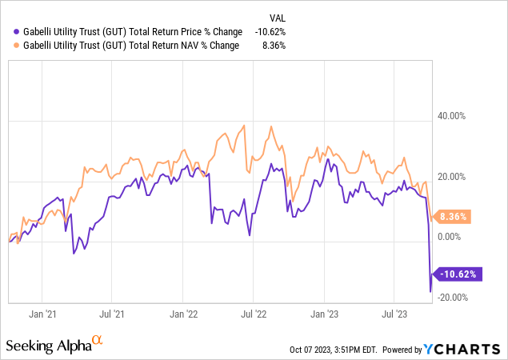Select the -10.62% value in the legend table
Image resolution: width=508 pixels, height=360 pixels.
tap(269, 31)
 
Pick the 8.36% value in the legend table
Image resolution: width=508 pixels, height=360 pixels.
tap(273, 46)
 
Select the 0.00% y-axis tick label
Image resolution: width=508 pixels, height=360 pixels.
tap(451, 237)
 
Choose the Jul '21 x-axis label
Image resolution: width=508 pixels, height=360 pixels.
tap(113, 315)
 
